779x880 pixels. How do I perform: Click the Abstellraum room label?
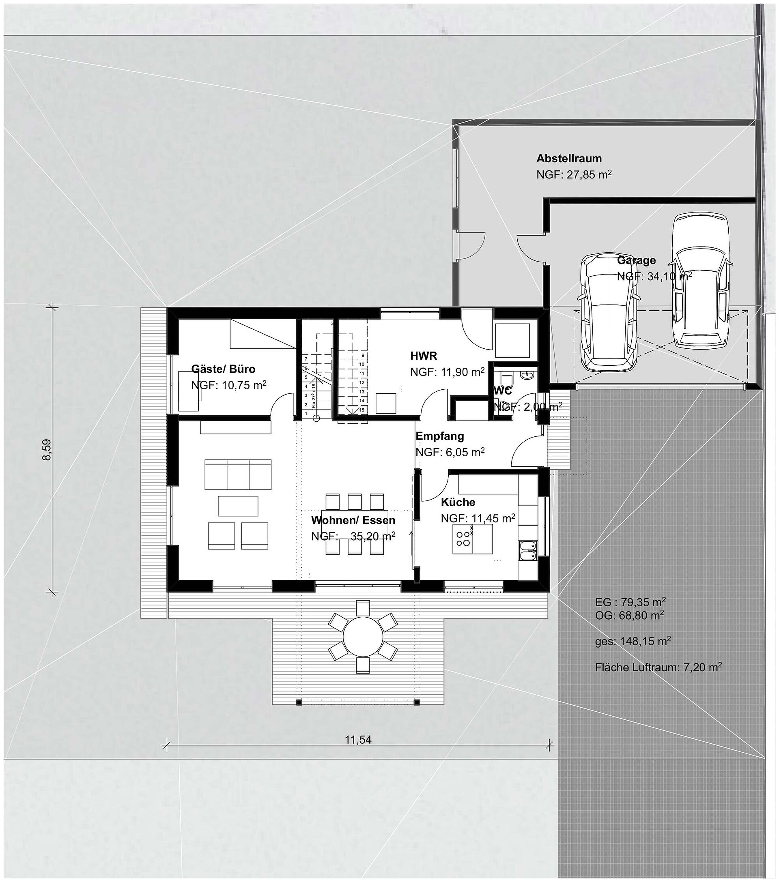pos(568,159)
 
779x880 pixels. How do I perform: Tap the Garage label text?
pos(636,260)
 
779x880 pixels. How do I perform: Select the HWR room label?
pos(423,356)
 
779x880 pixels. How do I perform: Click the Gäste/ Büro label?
pos(223,369)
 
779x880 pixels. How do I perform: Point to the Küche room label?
pos(458,502)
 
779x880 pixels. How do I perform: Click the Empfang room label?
pos(440,436)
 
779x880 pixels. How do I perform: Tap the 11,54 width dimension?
pos(358,740)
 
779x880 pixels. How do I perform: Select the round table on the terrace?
pos(363,636)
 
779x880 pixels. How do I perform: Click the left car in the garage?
pos(608,313)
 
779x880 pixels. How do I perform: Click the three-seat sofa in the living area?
pos(238,474)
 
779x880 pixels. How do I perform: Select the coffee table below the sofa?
pos(238,506)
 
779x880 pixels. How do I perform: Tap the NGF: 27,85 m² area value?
pos(574,175)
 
